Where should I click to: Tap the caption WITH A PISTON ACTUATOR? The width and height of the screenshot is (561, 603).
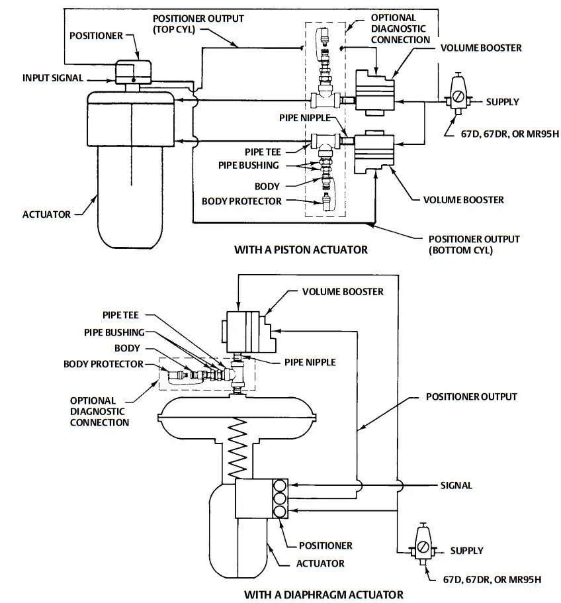tap(301, 250)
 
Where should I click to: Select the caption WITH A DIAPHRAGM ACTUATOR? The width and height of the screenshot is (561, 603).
tap(324, 594)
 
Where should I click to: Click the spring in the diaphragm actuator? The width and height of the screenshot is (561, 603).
tap(237, 450)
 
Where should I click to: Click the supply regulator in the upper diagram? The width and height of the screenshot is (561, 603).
tap(457, 93)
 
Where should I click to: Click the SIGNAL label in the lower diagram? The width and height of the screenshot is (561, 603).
tap(456, 485)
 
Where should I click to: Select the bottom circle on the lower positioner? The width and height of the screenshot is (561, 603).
tap(280, 511)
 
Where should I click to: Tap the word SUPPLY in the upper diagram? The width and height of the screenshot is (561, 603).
tap(502, 102)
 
